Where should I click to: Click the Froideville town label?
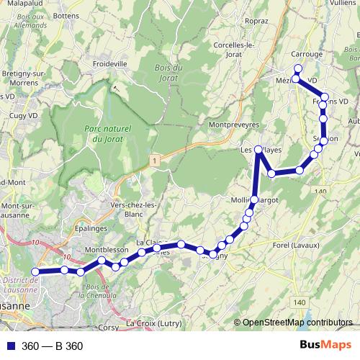[130, 63]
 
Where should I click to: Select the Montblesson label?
[107, 250]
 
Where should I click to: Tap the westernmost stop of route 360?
[34, 271]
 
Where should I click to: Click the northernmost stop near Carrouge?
[298, 68]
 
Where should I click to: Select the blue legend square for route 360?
[9, 346]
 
